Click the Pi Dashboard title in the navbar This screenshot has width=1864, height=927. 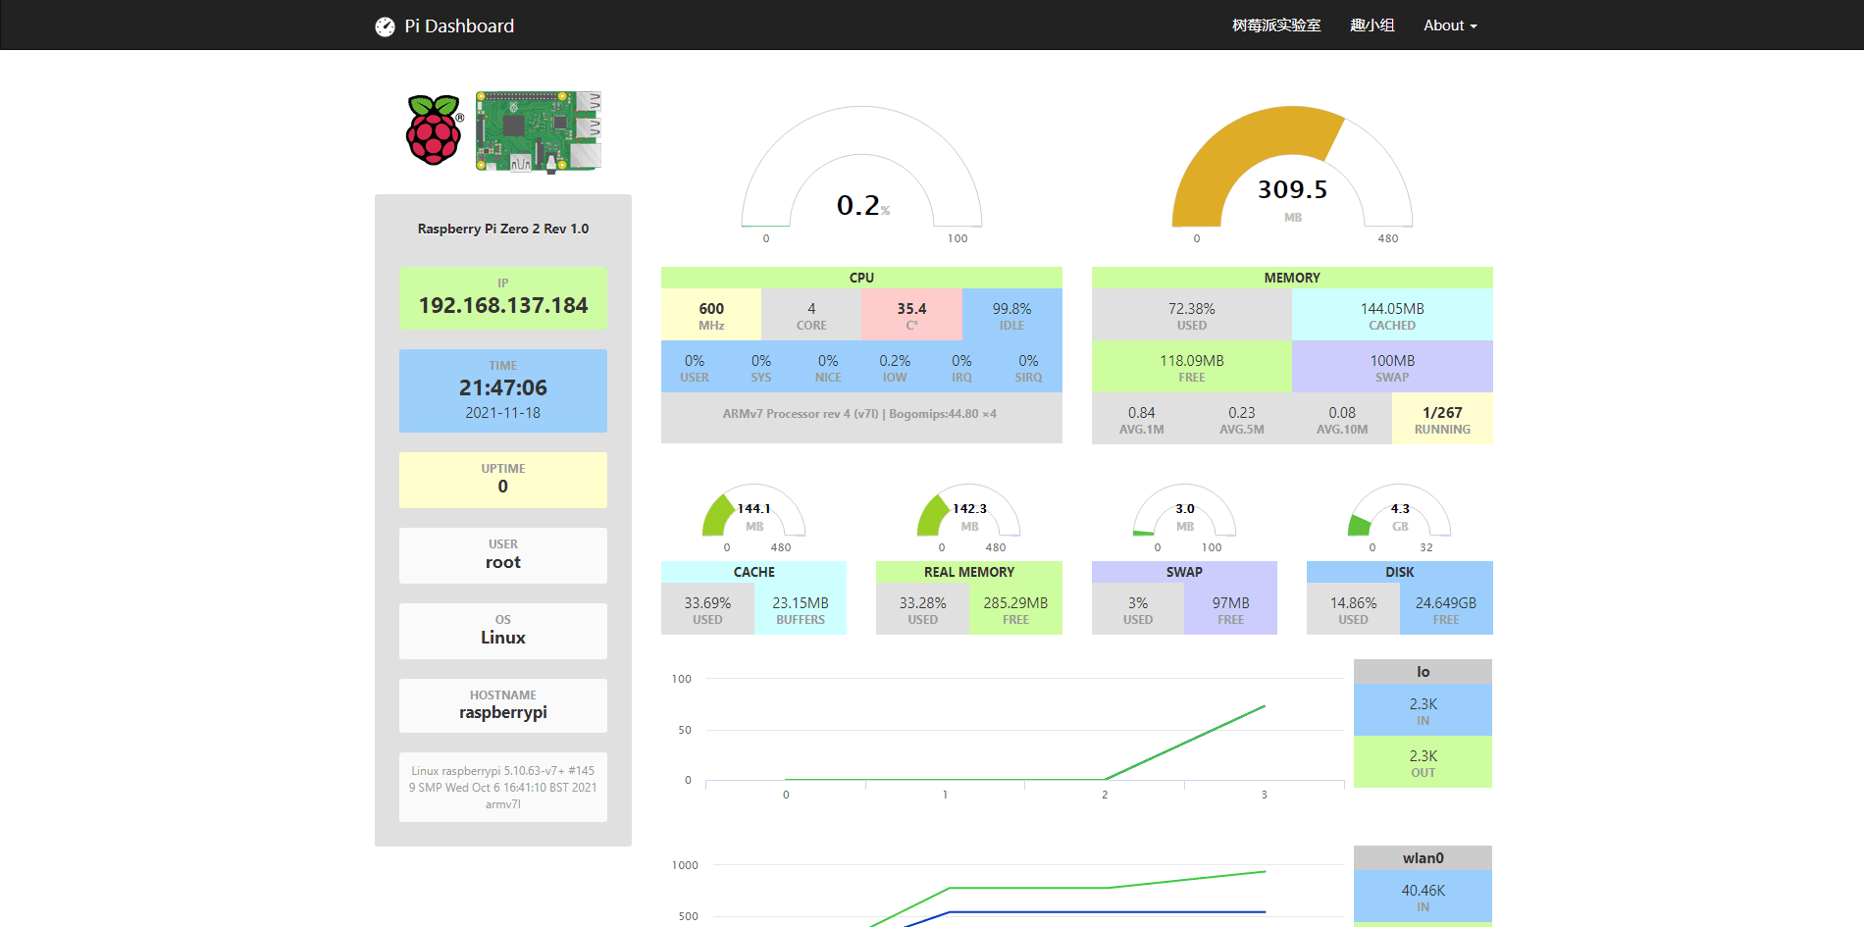click(x=458, y=26)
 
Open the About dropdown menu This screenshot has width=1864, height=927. click(x=1449, y=26)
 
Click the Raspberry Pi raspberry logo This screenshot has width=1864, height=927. click(x=434, y=130)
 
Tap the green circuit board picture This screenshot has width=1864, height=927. click(x=538, y=131)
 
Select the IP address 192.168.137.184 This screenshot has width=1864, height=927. click(x=503, y=305)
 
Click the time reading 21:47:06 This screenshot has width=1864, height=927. click(x=503, y=387)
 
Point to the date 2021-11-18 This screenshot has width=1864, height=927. click(x=503, y=413)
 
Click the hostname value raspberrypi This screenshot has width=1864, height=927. click(x=503, y=712)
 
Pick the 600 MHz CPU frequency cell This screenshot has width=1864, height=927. click(x=711, y=315)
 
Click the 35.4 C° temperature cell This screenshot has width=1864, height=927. click(x=911, y=315)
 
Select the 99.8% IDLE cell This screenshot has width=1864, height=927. click(x=1011, y=315)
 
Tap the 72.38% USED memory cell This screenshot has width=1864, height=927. click(x=1191, y=315)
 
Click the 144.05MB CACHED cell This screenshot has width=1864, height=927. click(x=1392, y=315)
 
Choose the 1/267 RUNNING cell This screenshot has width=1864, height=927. click(x=1442, y=419)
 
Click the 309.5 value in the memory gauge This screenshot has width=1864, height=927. click(x=1292, y=189)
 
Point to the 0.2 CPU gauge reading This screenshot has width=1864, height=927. click(x=858, y=205)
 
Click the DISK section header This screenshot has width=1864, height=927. click(x=1399, y=572)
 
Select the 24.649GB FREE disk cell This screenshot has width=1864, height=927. click(x=1445, y=609)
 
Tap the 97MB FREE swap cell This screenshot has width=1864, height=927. click(x=1230, y=609)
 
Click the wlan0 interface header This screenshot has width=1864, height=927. click(x=1423, y=858)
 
